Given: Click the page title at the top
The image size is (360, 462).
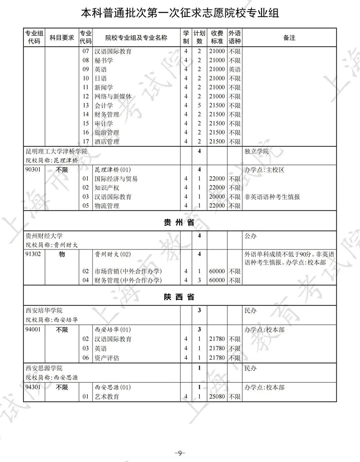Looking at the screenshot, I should click(180, 13).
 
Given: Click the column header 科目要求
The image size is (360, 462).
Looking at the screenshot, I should click(62, 38).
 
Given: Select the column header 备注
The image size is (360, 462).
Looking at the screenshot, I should click(289, 38).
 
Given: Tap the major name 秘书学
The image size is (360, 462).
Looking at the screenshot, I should click(104, 60).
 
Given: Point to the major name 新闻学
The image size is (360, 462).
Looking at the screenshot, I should click(104, 87).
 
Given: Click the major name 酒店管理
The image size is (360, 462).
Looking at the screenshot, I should click(107, 141).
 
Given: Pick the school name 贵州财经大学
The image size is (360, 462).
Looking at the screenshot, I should click(44, 236).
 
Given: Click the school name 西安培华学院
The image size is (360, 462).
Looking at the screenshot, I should click(44, 311).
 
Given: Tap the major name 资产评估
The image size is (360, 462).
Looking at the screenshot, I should click(107, 358).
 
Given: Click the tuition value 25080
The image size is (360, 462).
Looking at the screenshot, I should click(217, 397).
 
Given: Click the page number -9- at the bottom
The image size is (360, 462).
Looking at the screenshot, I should click(180, 452).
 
